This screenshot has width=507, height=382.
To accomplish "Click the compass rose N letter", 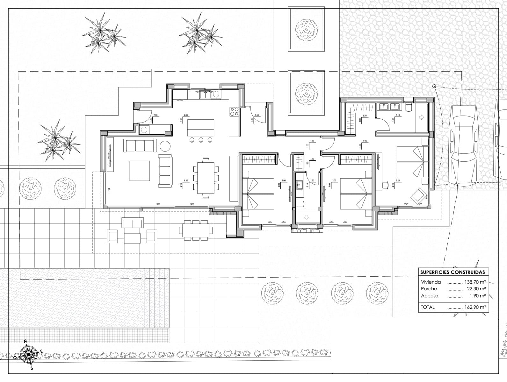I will click(25, 341).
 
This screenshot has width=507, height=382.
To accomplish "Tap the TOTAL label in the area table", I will click(428, 307).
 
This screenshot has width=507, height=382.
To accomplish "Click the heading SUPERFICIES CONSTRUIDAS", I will click(453, 272).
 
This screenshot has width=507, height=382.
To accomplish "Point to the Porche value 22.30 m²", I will click(476, 289).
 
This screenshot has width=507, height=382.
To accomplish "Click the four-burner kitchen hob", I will click(234, 111).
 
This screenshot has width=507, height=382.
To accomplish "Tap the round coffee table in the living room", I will click(165, 146).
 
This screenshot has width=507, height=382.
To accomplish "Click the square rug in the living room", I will click(140, 171).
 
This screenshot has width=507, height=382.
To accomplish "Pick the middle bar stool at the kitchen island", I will click(201, 140).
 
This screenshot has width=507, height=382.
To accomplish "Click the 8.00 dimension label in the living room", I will click(186, 180).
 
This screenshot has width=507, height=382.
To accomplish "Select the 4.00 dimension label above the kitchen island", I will click(186, 115).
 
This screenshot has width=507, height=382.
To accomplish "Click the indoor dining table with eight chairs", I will click(206, 178).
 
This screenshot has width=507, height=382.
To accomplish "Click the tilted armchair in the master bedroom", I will click(418, 195).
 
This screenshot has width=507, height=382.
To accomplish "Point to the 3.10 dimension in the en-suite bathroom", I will click(398, 115).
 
